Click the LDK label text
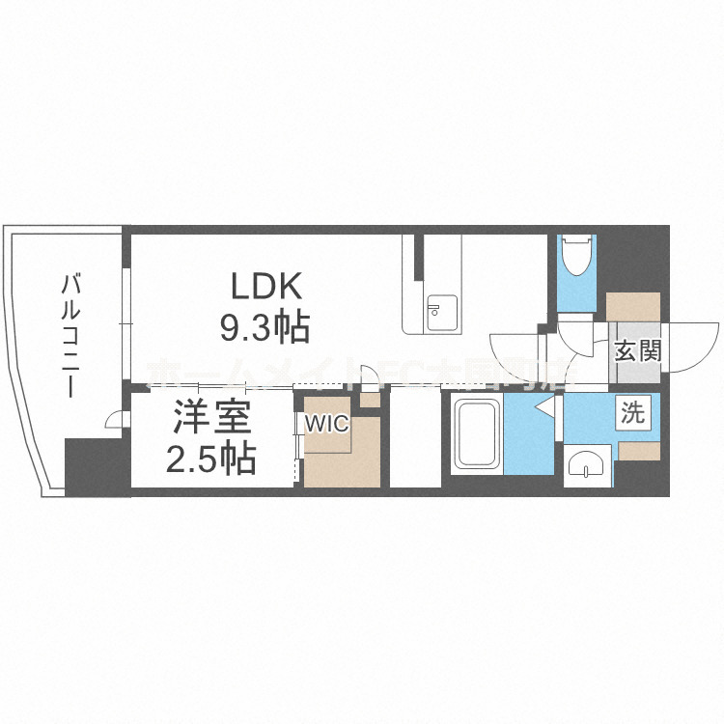[266, 287]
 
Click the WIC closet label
[328, 423]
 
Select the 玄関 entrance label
[638, 350]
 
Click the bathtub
[477, 435]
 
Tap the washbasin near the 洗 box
[587, 466]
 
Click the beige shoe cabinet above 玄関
[633, 307]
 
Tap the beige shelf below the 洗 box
[638, 449]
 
